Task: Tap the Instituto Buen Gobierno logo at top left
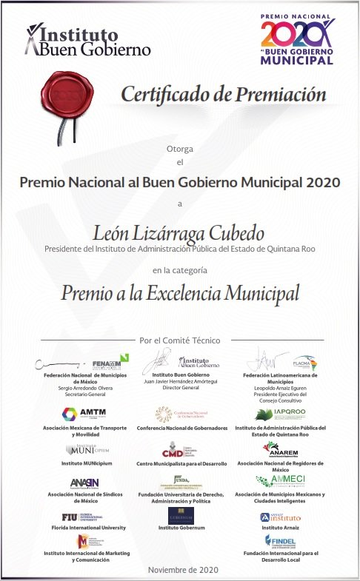click(87, 40)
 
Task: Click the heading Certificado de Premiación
click(223, 95)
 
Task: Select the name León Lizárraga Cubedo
click(179, 234)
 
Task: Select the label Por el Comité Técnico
click(180, 340)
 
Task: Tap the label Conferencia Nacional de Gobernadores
click(180, 428)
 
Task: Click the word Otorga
click(180, 149)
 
